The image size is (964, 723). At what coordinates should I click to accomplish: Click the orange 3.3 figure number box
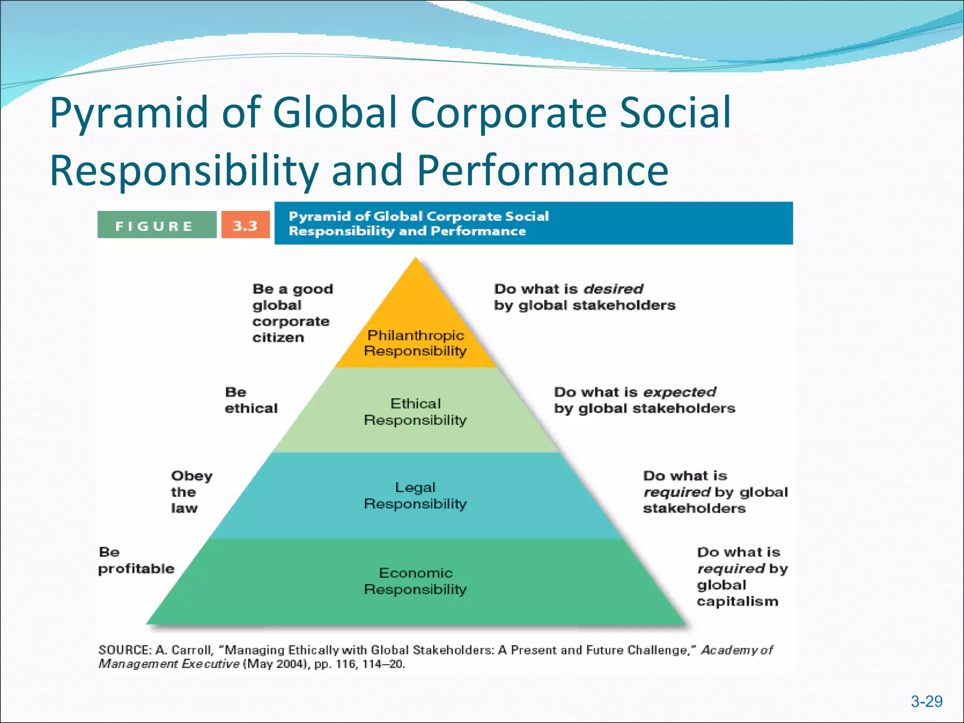pos(245,225)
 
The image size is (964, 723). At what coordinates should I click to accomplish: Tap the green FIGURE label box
pos(157,225)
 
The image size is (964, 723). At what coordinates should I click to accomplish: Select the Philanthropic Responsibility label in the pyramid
pos(415,343)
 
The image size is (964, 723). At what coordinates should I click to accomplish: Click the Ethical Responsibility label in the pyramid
pos(415,412)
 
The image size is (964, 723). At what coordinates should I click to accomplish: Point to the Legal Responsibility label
pos(415,496)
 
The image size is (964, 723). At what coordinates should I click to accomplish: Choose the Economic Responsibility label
pos(415,581)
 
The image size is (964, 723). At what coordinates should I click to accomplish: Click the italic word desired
pos(613,289)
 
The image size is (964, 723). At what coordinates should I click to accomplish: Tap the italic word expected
pos(679,392)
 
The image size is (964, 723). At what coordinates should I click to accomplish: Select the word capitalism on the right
pos(737,602)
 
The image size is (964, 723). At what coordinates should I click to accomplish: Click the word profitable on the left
pos(136,569)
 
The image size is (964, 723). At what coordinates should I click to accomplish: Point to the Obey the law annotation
pos(191,492)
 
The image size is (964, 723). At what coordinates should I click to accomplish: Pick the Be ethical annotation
pos(251,400)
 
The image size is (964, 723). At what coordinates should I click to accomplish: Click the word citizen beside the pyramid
pos(278,337)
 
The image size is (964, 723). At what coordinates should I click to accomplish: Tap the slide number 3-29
pos(926,702)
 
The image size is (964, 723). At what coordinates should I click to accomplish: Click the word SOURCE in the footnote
pos(124,650)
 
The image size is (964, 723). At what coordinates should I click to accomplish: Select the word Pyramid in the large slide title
pos(129,113)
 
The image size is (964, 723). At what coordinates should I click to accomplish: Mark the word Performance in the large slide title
pos(542,170)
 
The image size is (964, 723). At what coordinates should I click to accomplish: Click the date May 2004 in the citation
pos(276,664)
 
